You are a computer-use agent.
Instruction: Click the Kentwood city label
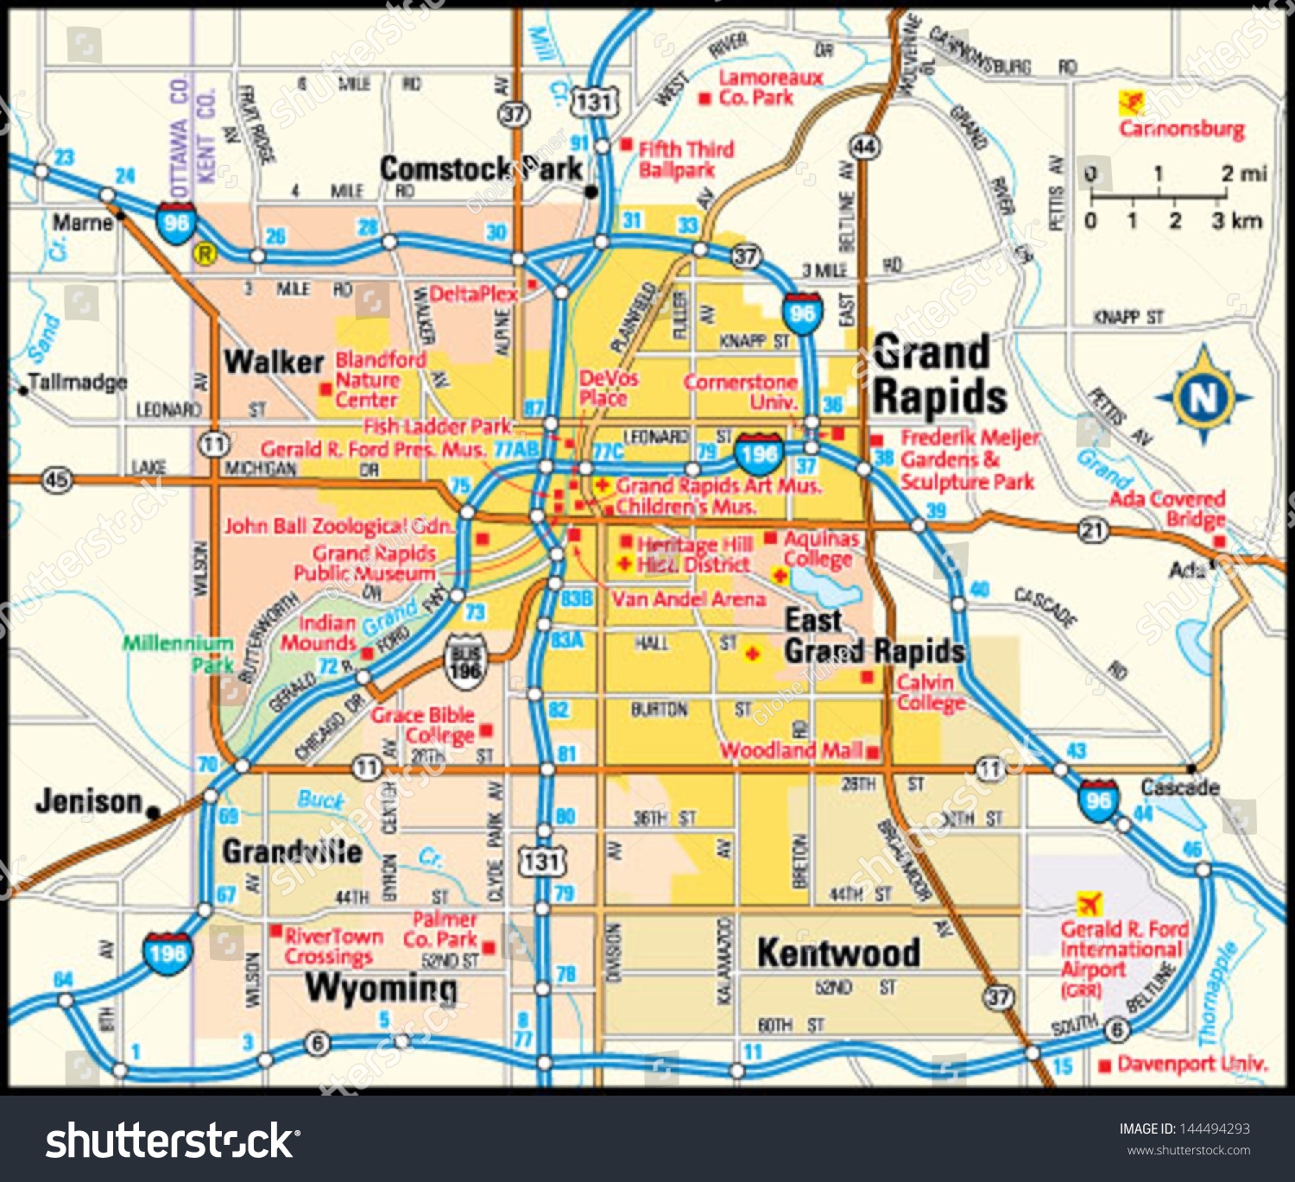(837, 953)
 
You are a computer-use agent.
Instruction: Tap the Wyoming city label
(381, 988)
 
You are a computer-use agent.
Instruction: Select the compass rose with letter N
(1203, 397)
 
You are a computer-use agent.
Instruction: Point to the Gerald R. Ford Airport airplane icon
(1090, 904)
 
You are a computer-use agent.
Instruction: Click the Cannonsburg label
(1182, 130)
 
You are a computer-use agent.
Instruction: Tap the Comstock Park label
(481, 168)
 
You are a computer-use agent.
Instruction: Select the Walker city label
(274, 362)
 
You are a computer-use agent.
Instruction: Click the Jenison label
(88, 801)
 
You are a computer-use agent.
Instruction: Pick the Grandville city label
(292, 852)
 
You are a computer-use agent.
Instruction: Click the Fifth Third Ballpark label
(685, 160)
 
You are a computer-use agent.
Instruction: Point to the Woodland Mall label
(792, 750)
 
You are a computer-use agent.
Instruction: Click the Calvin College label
(925, 692)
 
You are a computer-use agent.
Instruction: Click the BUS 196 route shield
(465, 662)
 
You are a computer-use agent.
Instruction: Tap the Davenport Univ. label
(1192, 1065)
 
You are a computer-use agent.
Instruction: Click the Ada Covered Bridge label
(1167, 509)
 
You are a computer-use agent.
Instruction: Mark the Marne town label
(83, 223)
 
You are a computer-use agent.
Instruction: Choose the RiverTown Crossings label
(332, 946)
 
